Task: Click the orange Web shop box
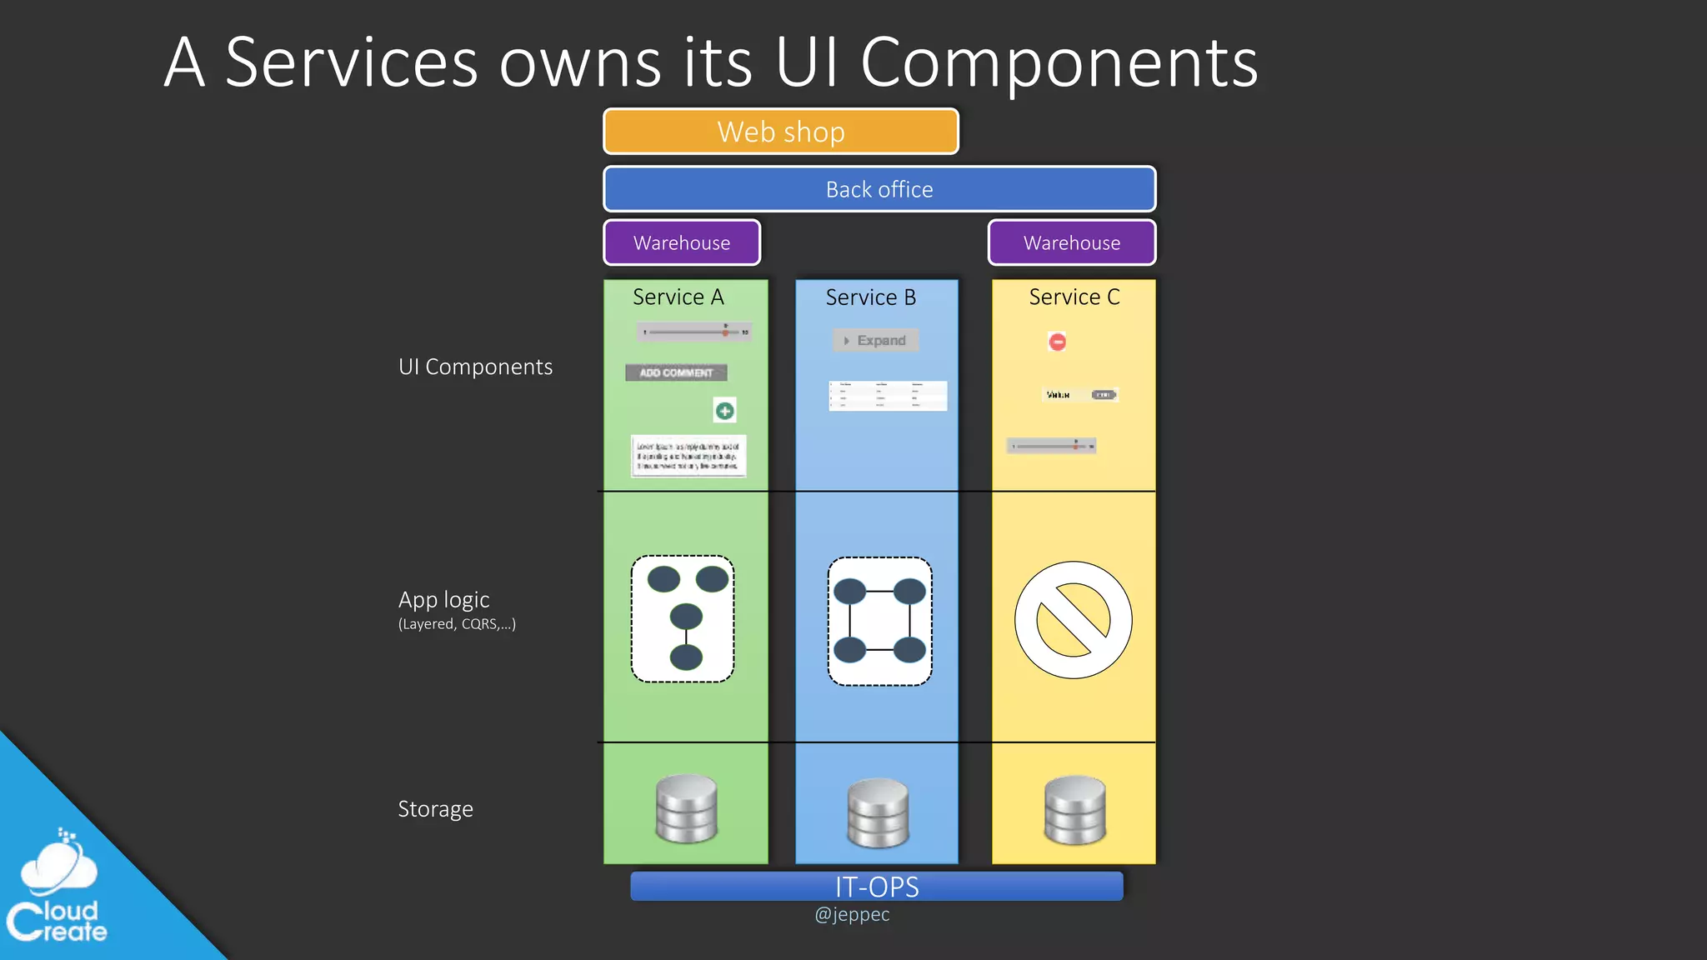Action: tap(781, 132)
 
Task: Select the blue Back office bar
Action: tap(879, 189)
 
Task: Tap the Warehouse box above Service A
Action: tap(682, 242)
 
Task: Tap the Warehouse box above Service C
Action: tap(1072, 242)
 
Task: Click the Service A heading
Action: tap(678, 297)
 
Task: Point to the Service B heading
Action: tap(871, 297)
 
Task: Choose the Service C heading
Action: tap(1074, 297)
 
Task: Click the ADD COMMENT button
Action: tap(676, 372)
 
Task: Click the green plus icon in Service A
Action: tap(725, 411)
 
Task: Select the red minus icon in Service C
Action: tap(1057, 342)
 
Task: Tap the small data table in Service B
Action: tap(888, 396)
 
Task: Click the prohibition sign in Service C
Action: tap(1074, 620)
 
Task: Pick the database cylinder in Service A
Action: tap(687, 808)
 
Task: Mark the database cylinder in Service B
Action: tap(878, 812)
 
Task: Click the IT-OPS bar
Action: tap(877, 887)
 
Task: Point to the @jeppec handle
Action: tap(852, 914)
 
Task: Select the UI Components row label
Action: tap(475, 367)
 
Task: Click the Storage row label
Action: tap(435, 809)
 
